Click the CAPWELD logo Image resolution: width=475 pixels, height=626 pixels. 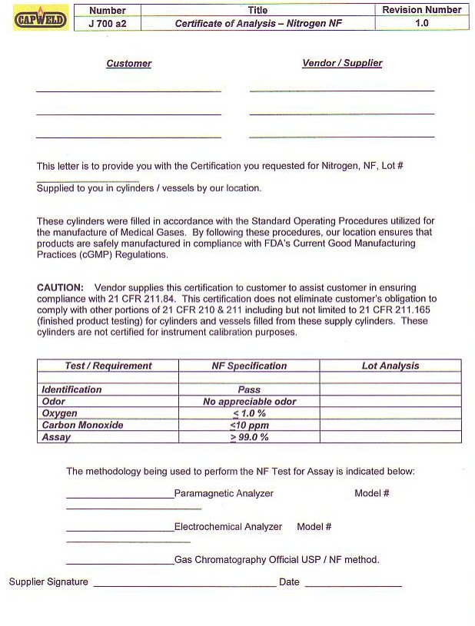click(41, 18)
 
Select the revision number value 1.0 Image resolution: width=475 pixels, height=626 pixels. click(422, 24)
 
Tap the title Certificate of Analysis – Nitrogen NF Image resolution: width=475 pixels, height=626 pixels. click(258, 24)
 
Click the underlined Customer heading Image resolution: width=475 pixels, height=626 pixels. click(128, 64)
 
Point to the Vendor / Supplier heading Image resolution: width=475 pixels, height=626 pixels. click(342, 64)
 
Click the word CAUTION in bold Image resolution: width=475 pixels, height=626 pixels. click(60, 287)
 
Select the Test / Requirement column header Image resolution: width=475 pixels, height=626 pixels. click(108, 366)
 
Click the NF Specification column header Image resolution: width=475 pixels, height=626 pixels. click(249, 366)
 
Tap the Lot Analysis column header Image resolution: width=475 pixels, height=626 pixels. click(390, 366)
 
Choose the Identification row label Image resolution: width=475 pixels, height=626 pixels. click(71, 390)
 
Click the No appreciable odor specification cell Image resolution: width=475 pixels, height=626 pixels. click(249, 402)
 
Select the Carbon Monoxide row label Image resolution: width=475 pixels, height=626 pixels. click(82, 425)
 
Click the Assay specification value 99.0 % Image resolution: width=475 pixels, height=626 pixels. click(249, 437)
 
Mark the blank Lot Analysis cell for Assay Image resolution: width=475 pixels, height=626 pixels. click(390, 437)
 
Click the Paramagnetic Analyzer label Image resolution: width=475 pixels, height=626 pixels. click(224, 494)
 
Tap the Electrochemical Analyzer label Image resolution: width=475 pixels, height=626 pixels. click(228, 527)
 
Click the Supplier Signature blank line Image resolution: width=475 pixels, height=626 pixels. click(184, 584)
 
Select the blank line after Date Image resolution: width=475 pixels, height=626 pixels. click(353, 584)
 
